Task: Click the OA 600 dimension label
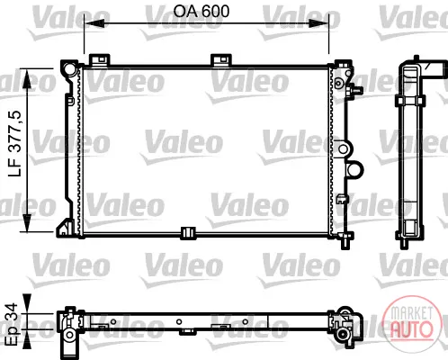coord(202,12)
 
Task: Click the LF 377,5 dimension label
coord(15,143)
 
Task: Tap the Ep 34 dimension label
coord(13,324)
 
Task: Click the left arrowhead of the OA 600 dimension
coord(94,23)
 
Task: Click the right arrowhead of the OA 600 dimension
coord(319,23)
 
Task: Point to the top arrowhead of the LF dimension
coord(27,78)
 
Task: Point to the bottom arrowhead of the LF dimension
coord(27,222)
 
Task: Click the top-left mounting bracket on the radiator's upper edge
coord(100,59)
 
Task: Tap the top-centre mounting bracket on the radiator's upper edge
coord(221,59)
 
